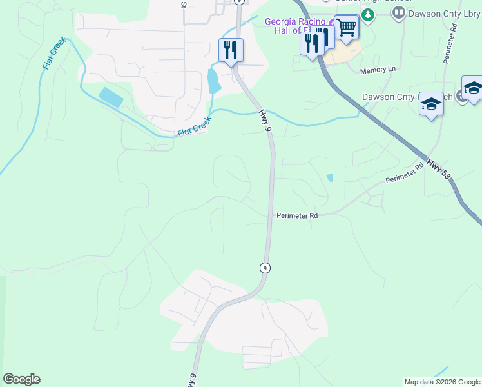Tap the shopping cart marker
[x=347, y=28]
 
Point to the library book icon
[x=398, y=13]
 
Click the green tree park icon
[x=367, y=14]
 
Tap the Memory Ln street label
[x=378, y=70]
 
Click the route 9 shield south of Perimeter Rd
[x=264, y=267]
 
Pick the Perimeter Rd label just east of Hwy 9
[x=297, y=215]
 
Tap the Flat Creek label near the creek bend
[x=194, y=128]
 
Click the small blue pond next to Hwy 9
[x=213, y=81]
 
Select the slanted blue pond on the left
[x=111, y=97]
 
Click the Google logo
[x=21, y=379]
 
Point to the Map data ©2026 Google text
[x=441, y=382]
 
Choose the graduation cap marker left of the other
[x=431, y=104]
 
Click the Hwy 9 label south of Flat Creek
[x=265, y=121]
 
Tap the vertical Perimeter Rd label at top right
[x=449, y=43]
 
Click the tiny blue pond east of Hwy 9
[x=330, y=177]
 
